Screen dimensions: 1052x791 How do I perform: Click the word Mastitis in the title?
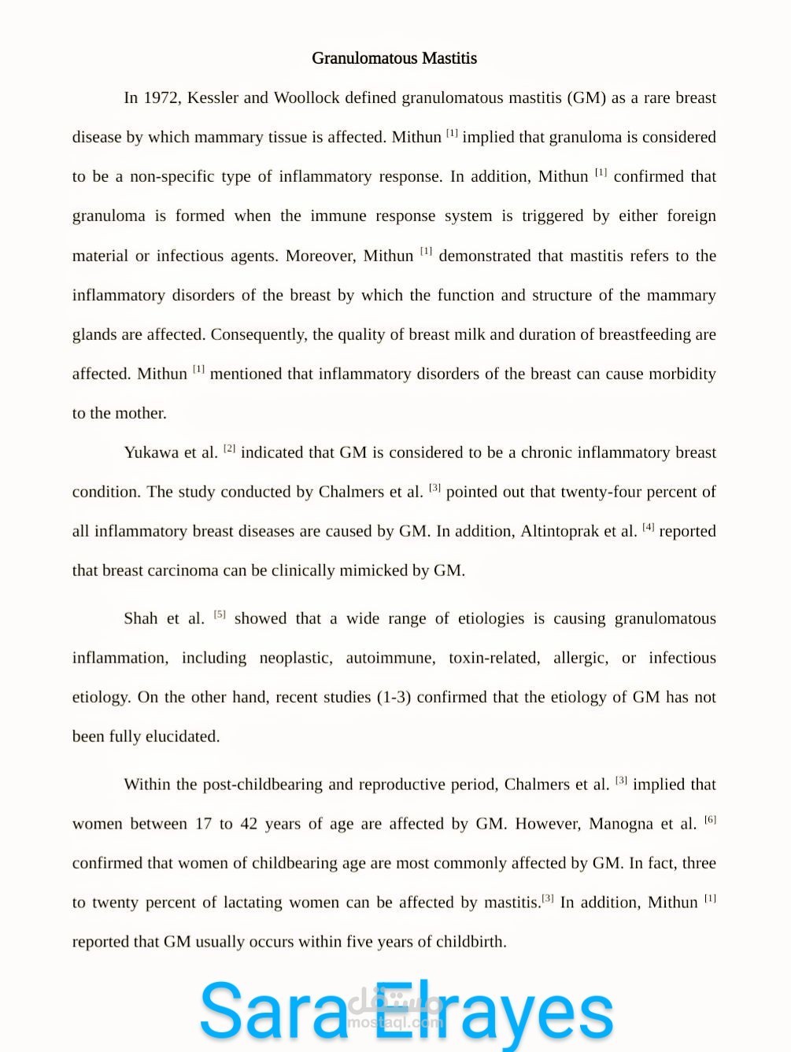pos(449,58)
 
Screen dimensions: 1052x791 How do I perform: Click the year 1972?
pos(161,98)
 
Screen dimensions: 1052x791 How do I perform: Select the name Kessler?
pos(213,98)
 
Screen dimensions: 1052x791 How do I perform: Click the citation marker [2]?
pos(229,448)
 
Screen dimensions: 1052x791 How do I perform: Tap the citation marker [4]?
pos(648,527)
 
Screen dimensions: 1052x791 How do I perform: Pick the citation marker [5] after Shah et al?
pos(220,615)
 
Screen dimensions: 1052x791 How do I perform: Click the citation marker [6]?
pos(710,820)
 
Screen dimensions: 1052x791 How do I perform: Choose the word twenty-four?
pos(602,492)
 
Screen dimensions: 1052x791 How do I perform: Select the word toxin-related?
pos(493,658)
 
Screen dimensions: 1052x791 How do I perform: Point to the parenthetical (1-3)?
pos(394,697)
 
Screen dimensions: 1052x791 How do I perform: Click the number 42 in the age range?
pos(249,824)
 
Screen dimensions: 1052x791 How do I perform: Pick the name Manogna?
pos(621,824)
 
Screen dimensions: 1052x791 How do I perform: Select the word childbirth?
pos(471,942)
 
